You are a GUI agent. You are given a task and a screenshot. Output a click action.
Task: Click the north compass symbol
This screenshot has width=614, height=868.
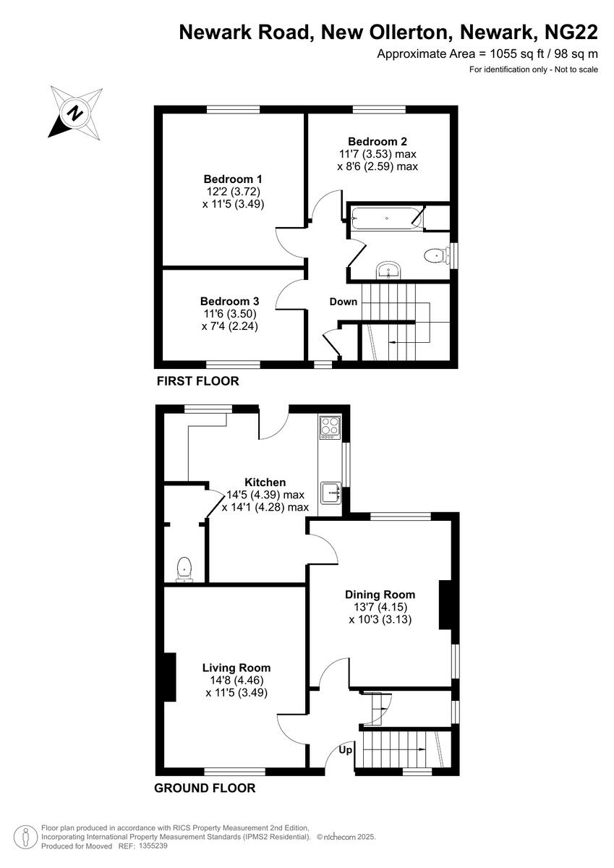tap(74, 112)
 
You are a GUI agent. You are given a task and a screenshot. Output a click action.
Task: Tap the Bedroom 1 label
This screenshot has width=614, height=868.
tap(233, 179)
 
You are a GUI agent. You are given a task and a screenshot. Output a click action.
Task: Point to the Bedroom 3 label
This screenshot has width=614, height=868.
tap(230, 301)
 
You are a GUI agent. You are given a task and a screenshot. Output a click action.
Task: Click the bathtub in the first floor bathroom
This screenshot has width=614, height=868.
tap(385, 218)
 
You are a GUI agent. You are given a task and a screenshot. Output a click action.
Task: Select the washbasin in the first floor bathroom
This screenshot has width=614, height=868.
tap(389, 271)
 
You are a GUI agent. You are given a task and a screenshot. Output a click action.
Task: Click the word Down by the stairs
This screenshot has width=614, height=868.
tap(344, 301)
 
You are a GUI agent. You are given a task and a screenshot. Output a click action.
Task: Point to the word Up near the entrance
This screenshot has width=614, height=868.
tap(346, 751)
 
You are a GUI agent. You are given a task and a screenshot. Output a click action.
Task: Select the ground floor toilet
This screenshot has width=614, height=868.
tap(185, 569)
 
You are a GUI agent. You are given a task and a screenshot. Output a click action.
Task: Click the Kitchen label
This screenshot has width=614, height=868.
tap(265, 482)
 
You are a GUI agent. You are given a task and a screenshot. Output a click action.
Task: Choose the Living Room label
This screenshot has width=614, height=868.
tap(236, 668)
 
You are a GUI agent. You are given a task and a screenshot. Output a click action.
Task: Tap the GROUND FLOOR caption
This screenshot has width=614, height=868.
tap(205, 788)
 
